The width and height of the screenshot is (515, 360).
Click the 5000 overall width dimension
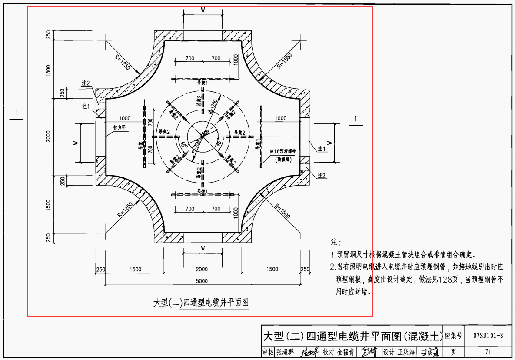(202, 281)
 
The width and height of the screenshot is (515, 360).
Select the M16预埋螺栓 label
(286, 152)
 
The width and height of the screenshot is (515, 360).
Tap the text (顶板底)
(285, 159)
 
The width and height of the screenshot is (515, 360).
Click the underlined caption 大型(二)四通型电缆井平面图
(201, 303)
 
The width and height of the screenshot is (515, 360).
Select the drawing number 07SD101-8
(488, 335)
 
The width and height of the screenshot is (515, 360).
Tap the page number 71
(488, 352)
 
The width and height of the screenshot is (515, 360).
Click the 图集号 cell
(453, 335)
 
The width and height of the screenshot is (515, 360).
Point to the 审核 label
(268, 352)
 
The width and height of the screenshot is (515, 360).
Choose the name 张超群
(285, 352)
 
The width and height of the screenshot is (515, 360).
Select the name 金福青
(346, 352)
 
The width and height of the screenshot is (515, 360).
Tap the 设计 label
(389, 352)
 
